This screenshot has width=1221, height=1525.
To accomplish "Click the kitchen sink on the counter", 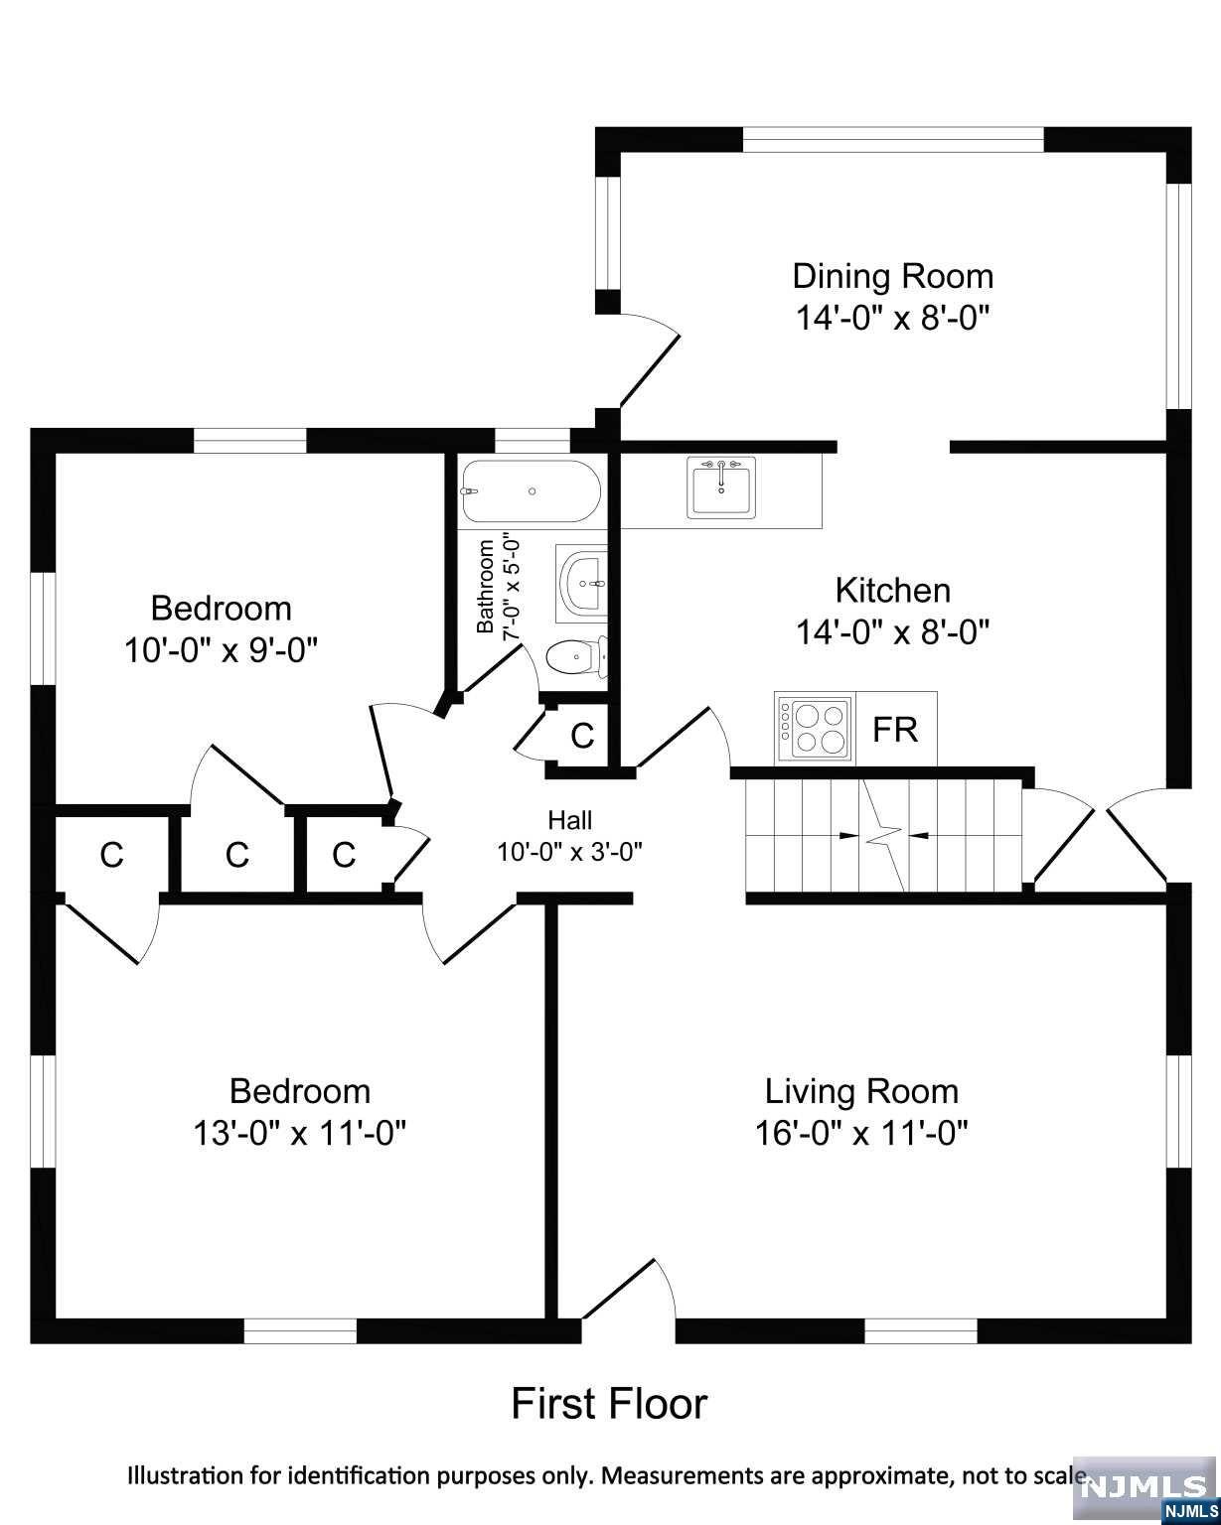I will tap(722, 487).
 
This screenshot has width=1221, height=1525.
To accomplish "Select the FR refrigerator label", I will tap(894, 730).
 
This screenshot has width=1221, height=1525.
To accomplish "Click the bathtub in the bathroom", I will tap(530, 491).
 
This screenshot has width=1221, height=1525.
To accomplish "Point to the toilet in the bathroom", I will tap(572, 656).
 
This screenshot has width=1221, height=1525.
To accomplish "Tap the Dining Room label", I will tap(892, 275).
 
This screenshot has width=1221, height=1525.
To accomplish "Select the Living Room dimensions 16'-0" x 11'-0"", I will tap(860, 1133).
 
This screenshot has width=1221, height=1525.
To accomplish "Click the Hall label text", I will tap(569, 820).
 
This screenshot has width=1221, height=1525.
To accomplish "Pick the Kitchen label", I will tap(892, 590).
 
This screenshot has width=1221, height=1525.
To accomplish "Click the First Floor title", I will tap(609, 1404).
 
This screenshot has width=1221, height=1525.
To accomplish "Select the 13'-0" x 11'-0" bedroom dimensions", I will tap(300, 1133).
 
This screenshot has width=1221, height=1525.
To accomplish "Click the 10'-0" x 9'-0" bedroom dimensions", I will tap(221, 650).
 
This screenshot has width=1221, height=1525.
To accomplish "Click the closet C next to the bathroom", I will tap(581, 736).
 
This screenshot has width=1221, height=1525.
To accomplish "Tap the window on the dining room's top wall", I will tap(892, 140).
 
